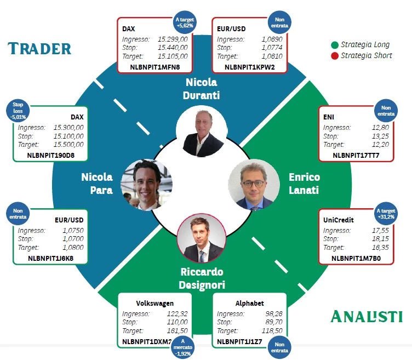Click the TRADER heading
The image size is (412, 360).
tap(39, 49)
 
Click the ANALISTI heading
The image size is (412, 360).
tap(367, 316)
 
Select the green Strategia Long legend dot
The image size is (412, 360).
tap(335, 45)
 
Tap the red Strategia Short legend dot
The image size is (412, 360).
tap(335, 56)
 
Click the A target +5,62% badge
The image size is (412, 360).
tap(185, 22)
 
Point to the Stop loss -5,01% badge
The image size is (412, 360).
tap(18, 111)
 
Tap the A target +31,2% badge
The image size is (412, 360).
tap(386, 214)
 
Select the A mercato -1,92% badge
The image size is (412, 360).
tap(183, 347)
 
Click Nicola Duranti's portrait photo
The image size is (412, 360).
tap(202, 132)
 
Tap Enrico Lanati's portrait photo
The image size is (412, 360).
tap(254, 185)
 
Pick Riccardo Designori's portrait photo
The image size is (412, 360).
tap(202, 238)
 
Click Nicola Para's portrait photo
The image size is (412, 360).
tap(146, 185)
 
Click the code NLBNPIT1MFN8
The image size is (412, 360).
tap(155, 67)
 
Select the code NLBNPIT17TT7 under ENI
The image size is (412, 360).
tap(356, 156)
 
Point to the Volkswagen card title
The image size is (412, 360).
tap(154, 304)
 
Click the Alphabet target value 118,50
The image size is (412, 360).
tap(272, 331)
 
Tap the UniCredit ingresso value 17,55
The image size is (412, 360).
tap(380, 231)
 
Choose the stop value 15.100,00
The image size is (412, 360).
tap(68, 136)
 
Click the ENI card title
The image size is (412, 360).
tap(329, 117)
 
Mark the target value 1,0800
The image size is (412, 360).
tap(73, 248)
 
